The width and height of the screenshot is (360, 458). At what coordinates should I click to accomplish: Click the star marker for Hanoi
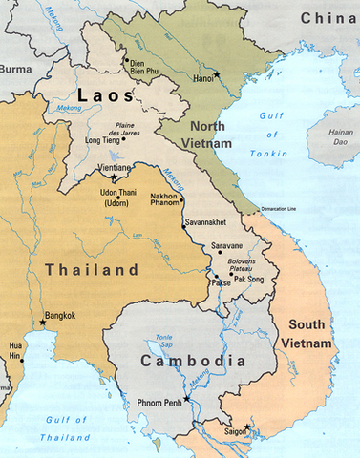(217, 74)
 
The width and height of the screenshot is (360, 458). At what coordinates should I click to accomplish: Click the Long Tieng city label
(104, 140)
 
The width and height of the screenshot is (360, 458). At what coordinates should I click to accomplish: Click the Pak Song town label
(249, 282)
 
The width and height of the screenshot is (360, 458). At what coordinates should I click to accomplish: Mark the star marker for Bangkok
(42, 322)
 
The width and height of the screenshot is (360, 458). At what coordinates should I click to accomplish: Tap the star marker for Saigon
(246, 427)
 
